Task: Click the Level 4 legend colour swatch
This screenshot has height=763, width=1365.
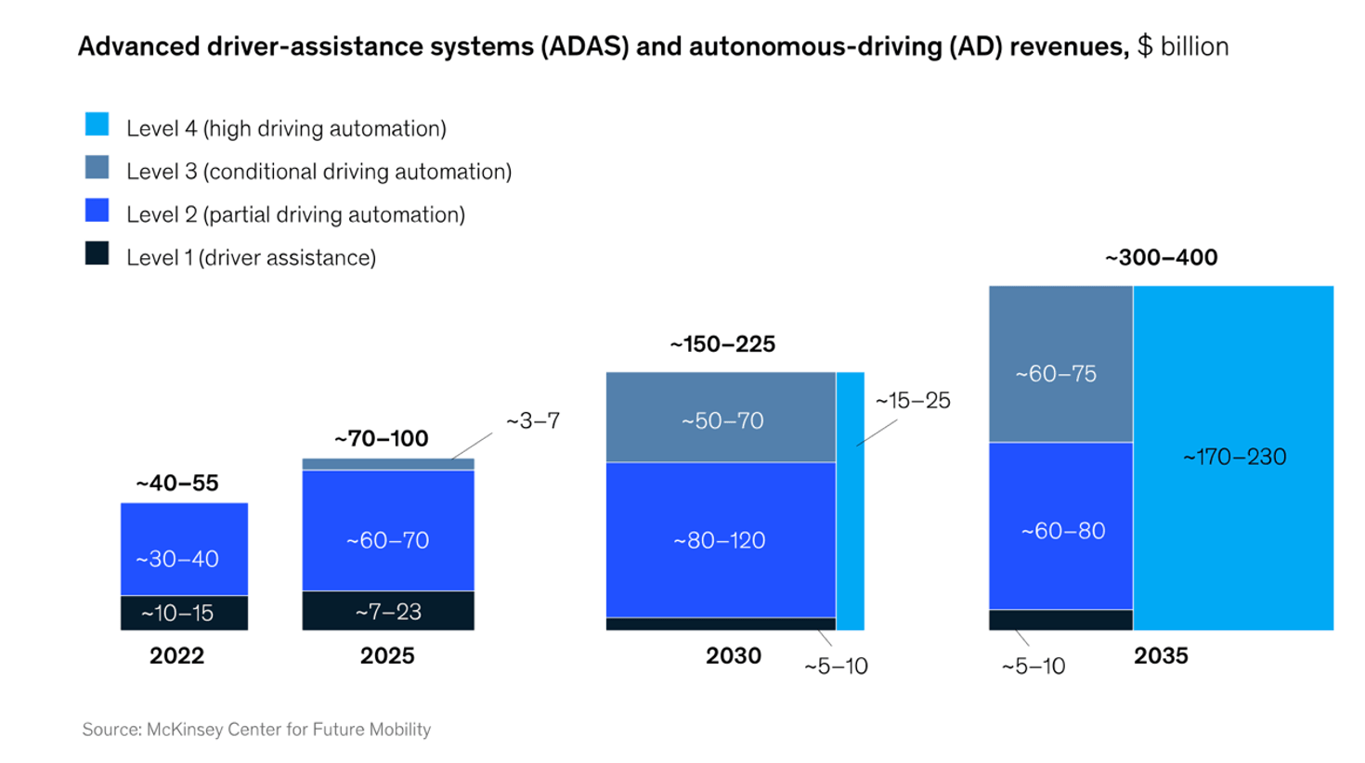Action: click(x=97, y=124)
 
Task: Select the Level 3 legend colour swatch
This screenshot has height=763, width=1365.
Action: click(x=97, y=167)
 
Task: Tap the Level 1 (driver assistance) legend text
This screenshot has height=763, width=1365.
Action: click(x=251, y=257)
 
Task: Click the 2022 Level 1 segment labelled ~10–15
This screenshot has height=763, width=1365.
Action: click(x=184, y=613)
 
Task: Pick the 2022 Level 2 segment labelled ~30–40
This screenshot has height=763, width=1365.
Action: click(x=184, y=549)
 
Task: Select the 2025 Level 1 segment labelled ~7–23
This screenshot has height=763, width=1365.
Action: click(x=388, y=611)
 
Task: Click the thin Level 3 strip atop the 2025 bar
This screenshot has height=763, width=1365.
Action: click(x=388, y=464)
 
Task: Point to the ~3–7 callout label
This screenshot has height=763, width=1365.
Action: click(x=533, y=420)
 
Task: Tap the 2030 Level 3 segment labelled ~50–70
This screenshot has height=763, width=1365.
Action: click(x=721, y=417)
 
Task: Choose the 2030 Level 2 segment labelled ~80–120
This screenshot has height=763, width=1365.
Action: click(x=721, y=540)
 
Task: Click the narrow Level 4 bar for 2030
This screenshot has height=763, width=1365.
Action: click(x=850, y=501)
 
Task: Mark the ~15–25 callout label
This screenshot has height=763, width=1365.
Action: click(x=913, y=401)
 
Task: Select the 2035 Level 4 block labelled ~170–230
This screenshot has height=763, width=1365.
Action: click(x=1233, y=458)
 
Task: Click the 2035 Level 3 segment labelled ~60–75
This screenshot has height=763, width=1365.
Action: click(x=1061, y=364)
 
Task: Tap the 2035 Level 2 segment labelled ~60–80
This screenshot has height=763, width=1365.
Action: click(x=1061, y=525)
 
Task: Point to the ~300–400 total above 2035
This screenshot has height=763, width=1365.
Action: click(x=1162, y=257)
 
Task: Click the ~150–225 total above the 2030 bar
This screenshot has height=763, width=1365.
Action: click(x=722, y=344)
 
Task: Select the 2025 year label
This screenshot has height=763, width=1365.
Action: click(x=387, y=656)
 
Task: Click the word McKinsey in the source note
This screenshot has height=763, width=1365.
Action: click(x=186, y=730)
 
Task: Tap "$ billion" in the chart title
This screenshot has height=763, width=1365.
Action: click(x=1183, y=46)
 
